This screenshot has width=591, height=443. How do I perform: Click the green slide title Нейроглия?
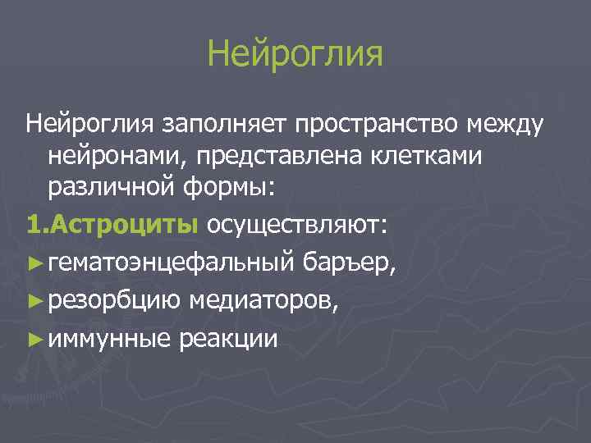295,55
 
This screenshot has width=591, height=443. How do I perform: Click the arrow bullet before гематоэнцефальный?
34,263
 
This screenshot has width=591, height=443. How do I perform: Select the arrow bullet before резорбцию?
34,300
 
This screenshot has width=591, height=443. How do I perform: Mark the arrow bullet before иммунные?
34,338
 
